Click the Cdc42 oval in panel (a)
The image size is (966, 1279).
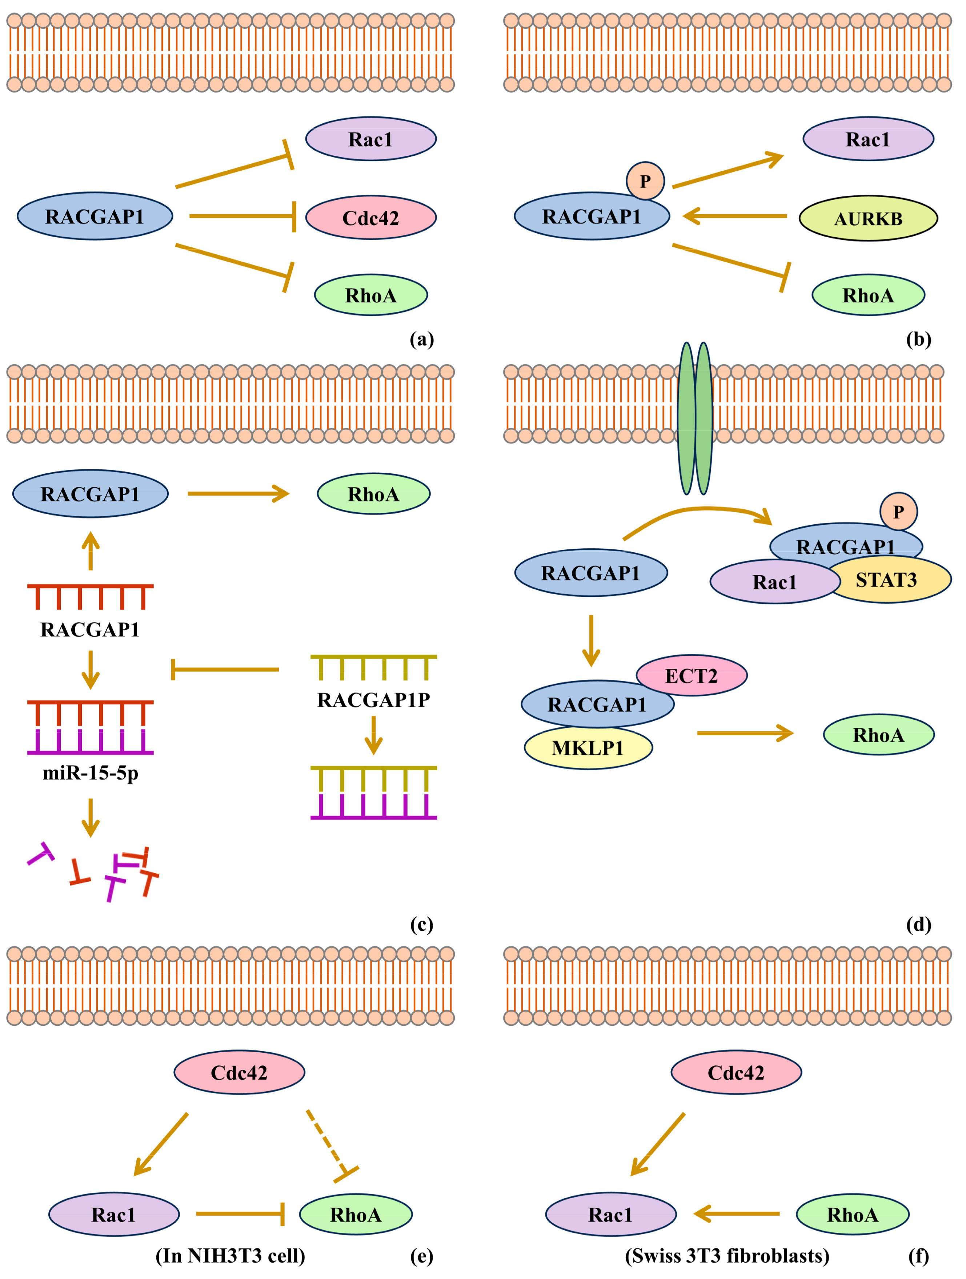click(370, 217)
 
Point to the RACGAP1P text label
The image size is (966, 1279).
click(373, 700)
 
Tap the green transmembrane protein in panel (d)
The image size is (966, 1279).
click(694, 418)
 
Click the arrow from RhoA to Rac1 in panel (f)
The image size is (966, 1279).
click(736, 1214)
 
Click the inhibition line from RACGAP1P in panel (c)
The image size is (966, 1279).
click(225, 670)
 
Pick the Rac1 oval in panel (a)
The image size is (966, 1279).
click(370, 139)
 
